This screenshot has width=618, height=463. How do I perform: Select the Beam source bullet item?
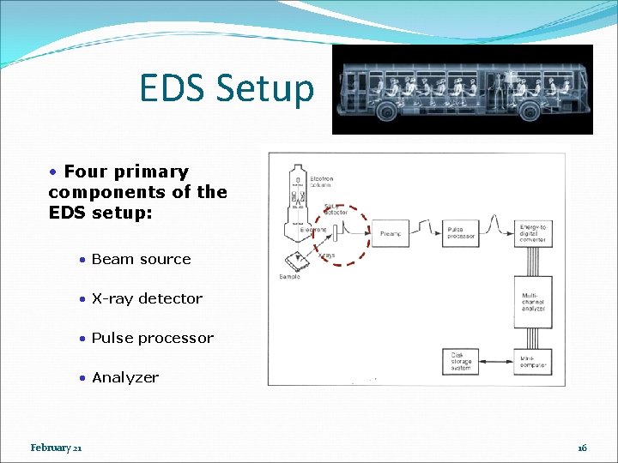141,259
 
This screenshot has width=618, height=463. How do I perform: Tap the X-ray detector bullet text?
147,298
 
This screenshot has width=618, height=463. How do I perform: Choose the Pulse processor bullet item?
152,338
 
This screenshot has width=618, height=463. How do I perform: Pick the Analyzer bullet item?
125,377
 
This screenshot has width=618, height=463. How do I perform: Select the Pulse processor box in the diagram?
460,233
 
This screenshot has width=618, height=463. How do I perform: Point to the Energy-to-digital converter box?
533,233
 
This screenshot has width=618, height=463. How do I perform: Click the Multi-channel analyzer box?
533,302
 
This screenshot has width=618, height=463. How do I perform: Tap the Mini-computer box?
533,361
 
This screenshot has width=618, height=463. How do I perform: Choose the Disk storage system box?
461,361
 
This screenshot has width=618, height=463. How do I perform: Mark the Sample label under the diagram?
290,277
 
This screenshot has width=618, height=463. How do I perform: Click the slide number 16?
582,448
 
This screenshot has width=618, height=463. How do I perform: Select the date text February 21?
56,448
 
